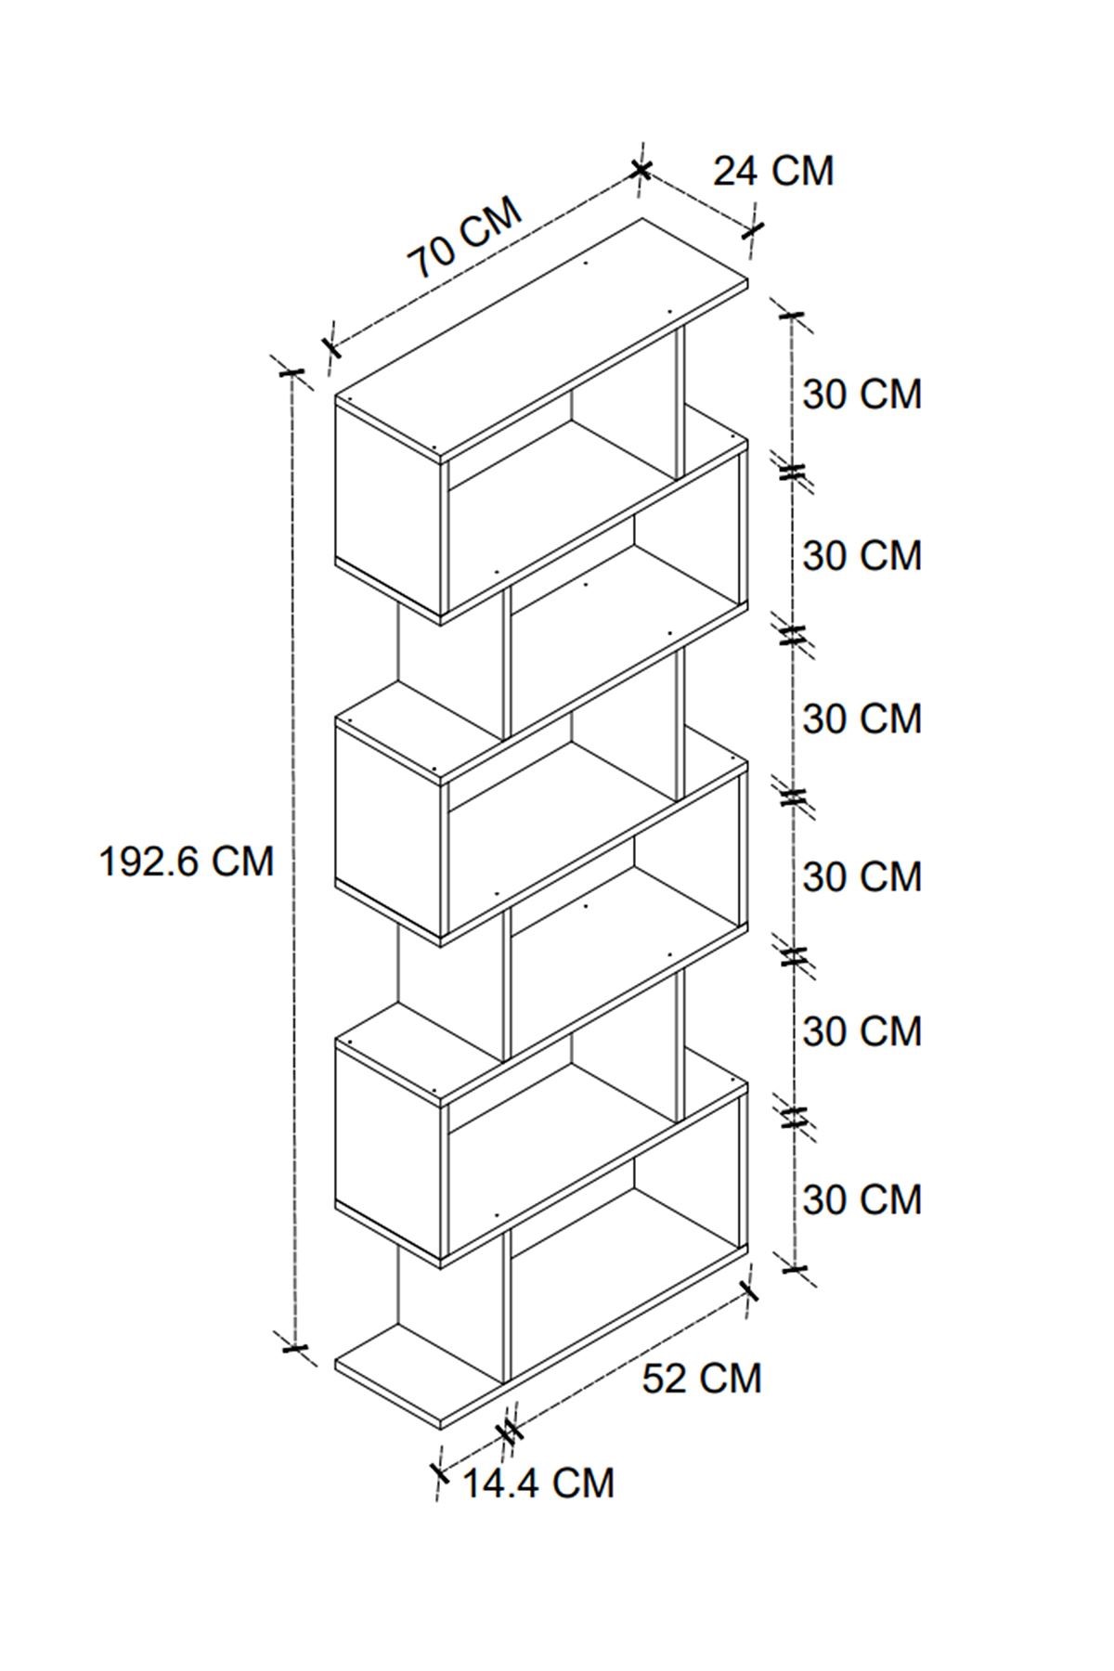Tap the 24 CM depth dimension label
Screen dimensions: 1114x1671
point(773,171)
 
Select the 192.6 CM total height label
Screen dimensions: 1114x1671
point(187,861)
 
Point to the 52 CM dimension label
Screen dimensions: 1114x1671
point(702,1378)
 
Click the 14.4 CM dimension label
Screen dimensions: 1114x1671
point(538,1483)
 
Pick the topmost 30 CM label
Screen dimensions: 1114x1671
point(861,394)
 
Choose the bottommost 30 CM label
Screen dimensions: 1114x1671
point(861,1199)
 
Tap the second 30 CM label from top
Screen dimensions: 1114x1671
point(861,555)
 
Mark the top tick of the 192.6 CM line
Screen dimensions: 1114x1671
point(291,372)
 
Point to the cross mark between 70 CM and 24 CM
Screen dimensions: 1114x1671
point(641,169)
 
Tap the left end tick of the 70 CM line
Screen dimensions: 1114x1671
point(330,348)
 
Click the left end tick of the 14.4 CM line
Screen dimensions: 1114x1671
point(439,1471)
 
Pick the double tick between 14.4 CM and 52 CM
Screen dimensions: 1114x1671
point(509,1432)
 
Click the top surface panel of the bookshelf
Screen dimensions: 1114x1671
point(541,339)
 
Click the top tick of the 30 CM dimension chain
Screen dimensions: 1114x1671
point(792,316)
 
